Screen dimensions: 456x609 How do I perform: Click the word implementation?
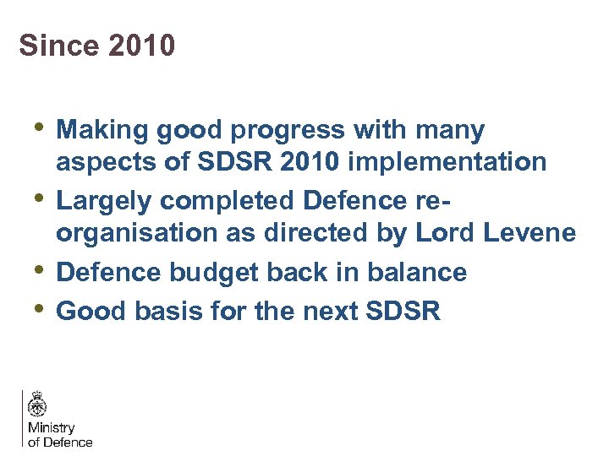450,161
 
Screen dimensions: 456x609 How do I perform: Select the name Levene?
530,232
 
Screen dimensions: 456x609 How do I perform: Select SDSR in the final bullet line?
404,311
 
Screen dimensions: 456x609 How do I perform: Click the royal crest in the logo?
37,404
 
